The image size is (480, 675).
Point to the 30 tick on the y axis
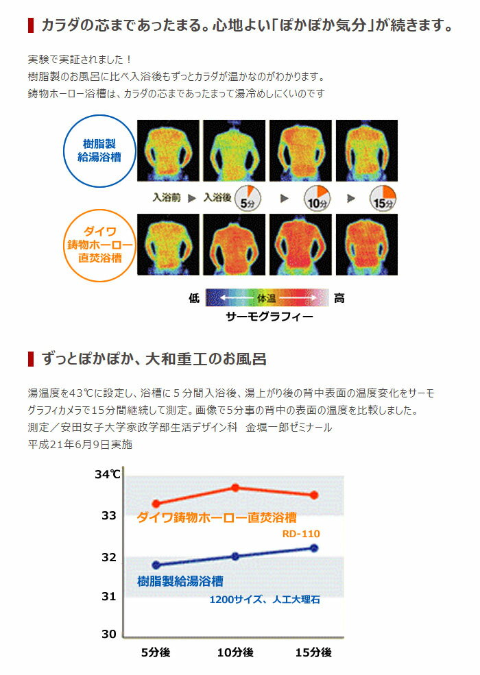coord(109,634)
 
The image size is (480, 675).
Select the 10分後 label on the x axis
coord(235,652)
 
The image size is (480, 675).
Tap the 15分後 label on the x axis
coord(313,652)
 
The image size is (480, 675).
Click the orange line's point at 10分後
coord(235,487)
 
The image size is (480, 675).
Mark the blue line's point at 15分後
coord(314,548)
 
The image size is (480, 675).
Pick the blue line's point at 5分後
coord(156,565)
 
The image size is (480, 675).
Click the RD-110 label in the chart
coord(301,533)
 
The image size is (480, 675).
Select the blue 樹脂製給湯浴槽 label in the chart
coord(180,581)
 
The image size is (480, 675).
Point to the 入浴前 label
coord(167,197)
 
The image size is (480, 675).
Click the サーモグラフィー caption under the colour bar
coord(269,317)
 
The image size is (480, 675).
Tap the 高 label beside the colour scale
coord(339,298)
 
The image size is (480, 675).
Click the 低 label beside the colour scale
coord(193,298)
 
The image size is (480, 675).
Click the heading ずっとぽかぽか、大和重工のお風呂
coord(154,358)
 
